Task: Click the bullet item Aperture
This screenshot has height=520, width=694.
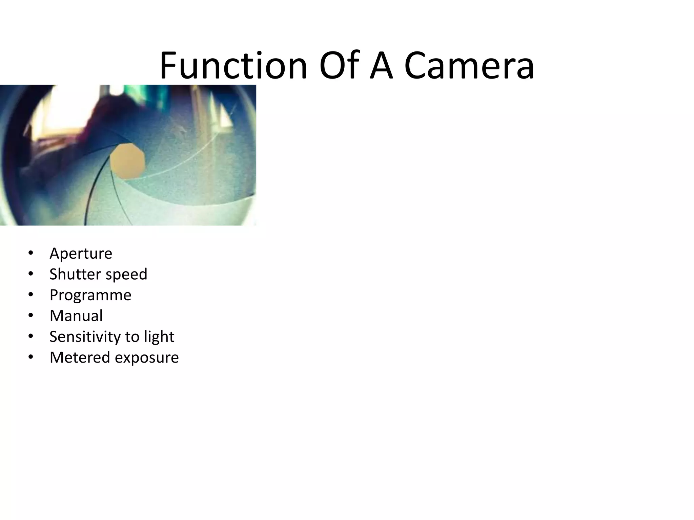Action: pos(81,254)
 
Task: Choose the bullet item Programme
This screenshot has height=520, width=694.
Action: pos(90,295)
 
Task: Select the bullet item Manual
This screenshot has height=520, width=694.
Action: pos(76,316)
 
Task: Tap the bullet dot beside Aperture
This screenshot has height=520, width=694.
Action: pos(31,253)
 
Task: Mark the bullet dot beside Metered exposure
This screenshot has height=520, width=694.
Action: pos(31,357)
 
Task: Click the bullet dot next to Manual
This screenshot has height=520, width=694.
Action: pos(31,316)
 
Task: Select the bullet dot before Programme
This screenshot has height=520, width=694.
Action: pos(31,295)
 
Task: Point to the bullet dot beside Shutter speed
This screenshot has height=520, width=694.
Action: pos(31,274)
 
